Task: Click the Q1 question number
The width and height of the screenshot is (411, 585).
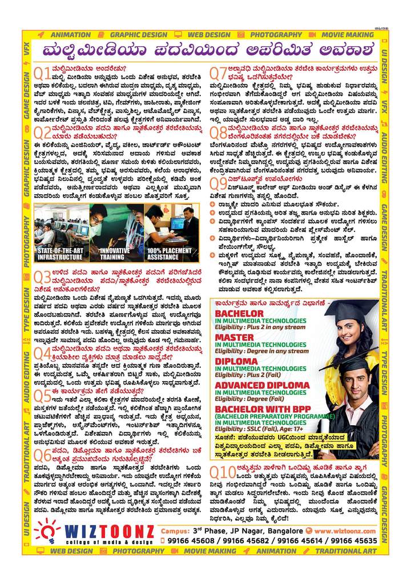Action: (x=42, y=73)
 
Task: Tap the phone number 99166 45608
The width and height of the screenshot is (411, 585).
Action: (x=190, y=540)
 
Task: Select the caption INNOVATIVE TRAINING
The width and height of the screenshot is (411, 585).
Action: (x=115, y=254)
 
